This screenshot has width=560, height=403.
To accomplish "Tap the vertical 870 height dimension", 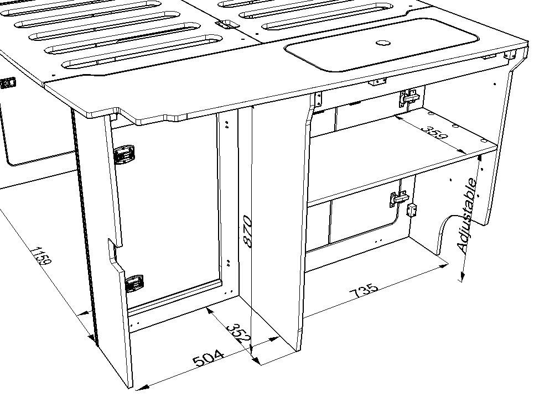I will (247, 232).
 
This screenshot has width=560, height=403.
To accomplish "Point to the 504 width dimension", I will (209, 358).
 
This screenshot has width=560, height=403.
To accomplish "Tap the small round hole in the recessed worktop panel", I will (382, 43).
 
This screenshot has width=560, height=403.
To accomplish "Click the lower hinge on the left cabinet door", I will (134, 283).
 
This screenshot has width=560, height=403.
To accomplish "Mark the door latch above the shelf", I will (409, 98).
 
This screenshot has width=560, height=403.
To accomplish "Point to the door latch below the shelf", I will (398, 198).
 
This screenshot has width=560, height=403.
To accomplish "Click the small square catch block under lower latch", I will (411, 210).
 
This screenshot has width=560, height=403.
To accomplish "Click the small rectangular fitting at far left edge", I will (8, 83).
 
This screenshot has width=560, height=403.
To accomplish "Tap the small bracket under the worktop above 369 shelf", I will (378, 82).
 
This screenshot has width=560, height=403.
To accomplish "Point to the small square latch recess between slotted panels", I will (225, 25).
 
